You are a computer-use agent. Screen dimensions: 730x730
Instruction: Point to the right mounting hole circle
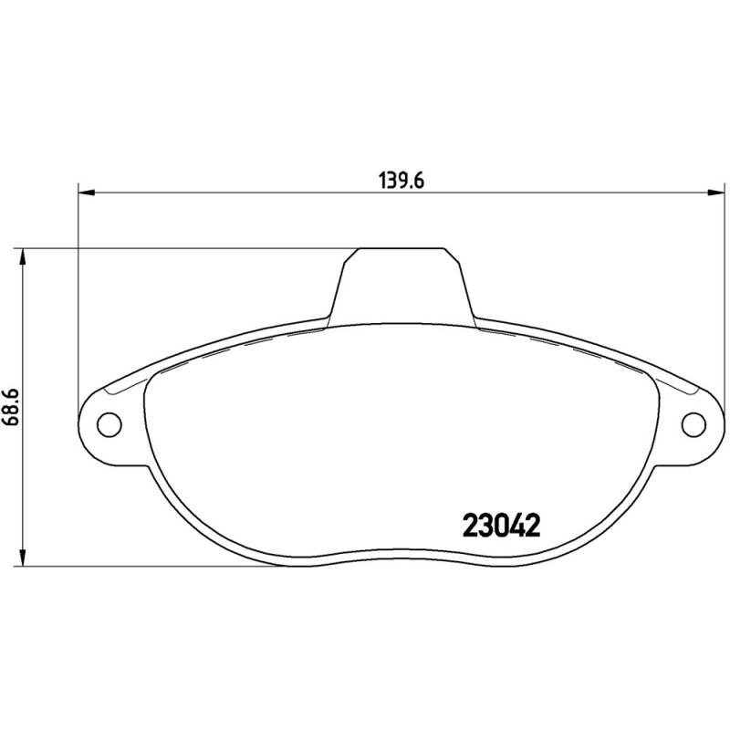pos(694,424)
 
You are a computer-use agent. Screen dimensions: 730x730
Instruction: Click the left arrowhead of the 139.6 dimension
pos(87,193)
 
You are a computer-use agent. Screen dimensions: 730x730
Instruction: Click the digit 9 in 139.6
pos(400,181)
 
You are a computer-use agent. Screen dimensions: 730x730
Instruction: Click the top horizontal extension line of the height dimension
pos(182,247)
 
